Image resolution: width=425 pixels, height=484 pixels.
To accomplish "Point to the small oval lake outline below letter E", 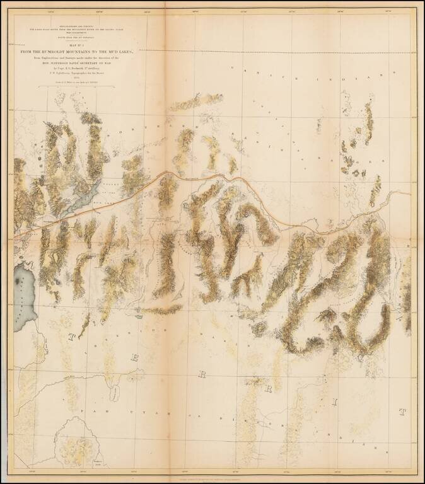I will click(114, 395).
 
